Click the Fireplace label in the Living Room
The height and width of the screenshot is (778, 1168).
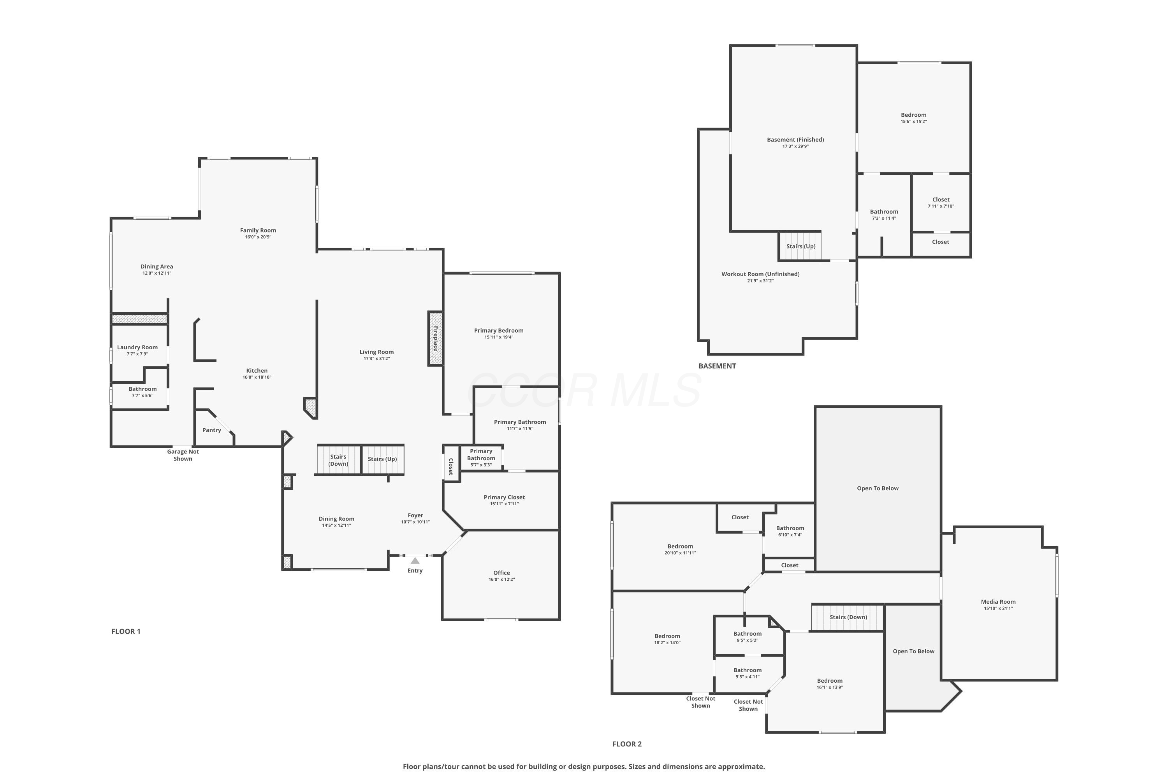[x=436, y=339]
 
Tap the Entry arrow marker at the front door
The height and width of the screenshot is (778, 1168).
[x=415, y=561]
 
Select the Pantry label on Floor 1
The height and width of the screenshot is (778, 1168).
[x=211, y=430]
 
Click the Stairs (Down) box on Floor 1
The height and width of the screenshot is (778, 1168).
[x=338, y=460]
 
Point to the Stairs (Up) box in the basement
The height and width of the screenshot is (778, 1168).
[x=800, y=246]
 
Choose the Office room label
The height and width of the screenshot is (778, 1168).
[x=501, y=573]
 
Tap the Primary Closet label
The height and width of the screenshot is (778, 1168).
[x=504, y=497]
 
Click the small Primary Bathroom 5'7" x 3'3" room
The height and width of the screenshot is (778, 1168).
[x=481, y=457]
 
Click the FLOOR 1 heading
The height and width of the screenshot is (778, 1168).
[x=126, y=631]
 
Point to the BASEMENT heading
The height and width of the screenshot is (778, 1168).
[x=717, y=366]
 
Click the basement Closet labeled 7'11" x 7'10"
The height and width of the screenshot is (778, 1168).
[x=941, y=202]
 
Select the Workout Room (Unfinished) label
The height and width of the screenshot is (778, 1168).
[x=760, y=274]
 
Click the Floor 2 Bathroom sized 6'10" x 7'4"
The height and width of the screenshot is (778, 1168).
[x=790, y=531]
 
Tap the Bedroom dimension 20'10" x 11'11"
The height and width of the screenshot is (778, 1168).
[x=680, y=553]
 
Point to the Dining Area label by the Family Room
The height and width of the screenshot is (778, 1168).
[x=157, y=266]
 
